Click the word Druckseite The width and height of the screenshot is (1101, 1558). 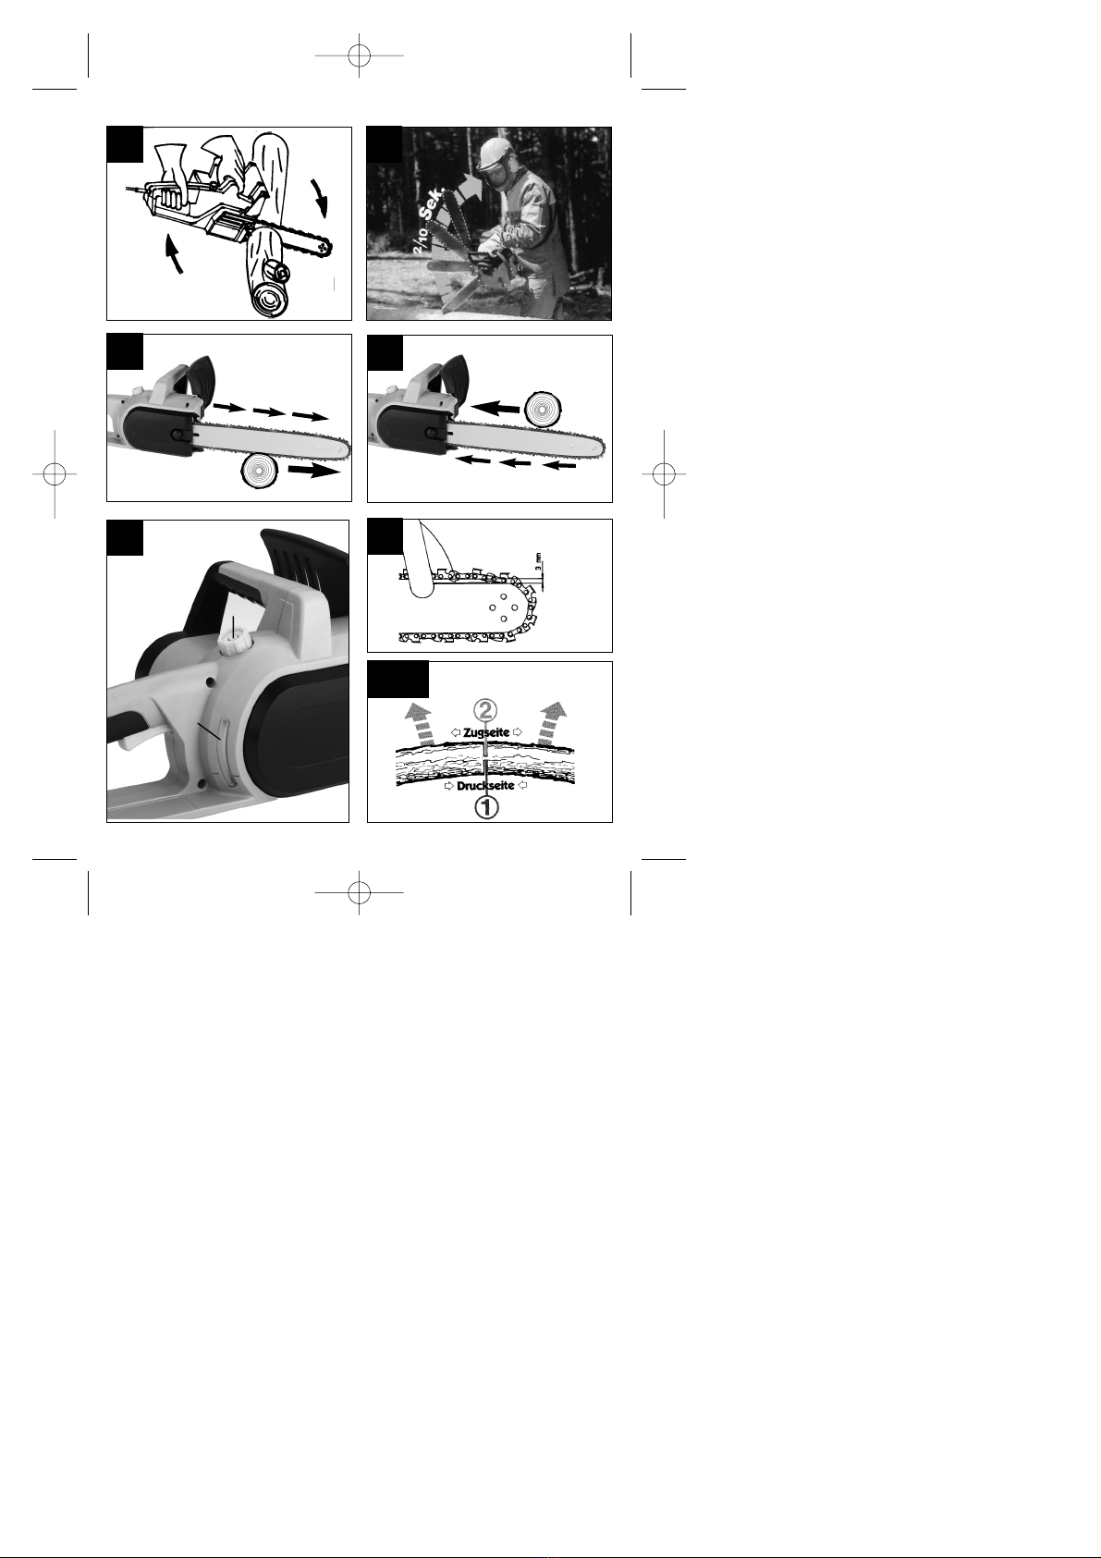485,786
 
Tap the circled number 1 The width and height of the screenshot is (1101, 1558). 486,807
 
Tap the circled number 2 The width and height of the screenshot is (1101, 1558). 486,710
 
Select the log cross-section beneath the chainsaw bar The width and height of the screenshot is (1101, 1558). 261,471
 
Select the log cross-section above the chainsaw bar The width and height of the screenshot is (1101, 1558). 544,409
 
